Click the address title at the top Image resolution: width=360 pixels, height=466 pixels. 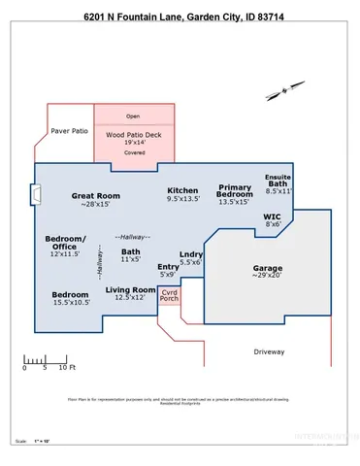click(180, 17)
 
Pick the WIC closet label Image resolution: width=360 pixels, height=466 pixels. click(273, 219)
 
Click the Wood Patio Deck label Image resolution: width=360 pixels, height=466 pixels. click(133, 136)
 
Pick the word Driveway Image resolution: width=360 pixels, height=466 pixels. click(270, 350)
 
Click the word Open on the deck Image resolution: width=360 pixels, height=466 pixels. click(133, 116)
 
